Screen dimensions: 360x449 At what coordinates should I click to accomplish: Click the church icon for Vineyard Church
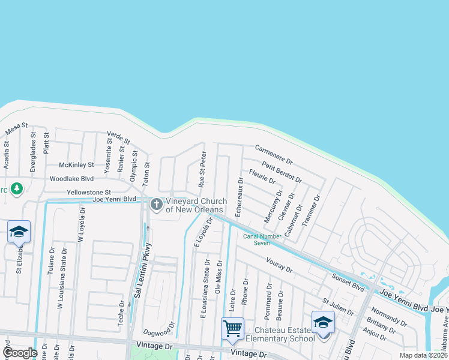(x=157, y=205)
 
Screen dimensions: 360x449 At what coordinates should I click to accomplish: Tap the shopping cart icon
(x=232, y=328)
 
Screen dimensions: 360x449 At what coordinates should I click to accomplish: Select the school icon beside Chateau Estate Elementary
(x=323, y=323)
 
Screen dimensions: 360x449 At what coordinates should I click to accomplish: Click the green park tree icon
(x=18, y=189)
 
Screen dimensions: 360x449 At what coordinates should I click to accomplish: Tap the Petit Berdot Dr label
(x=282, y=172)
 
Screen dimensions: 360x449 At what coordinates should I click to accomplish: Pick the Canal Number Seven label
(x=257, y=239)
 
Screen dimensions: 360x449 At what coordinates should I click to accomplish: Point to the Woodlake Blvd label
(x=72, y=179)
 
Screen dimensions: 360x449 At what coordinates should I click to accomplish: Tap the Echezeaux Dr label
(x=239, y=196)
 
